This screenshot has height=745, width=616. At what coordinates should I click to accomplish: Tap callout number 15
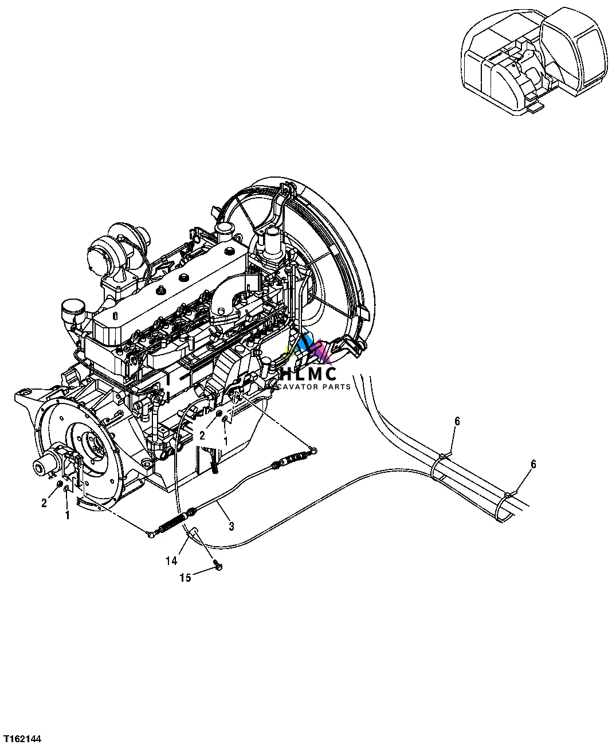pos(185,578)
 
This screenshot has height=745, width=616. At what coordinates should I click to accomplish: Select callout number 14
pos(171,561)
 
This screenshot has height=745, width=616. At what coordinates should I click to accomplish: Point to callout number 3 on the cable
pos(231,526)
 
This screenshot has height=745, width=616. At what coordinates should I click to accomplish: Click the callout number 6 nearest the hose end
pos(533,464)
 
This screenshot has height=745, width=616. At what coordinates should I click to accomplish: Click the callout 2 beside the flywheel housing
pos(44,503)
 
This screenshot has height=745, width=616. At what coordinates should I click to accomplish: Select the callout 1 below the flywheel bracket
pos(67,515)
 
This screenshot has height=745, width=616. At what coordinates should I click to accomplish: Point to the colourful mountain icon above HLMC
pos(308,350)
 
